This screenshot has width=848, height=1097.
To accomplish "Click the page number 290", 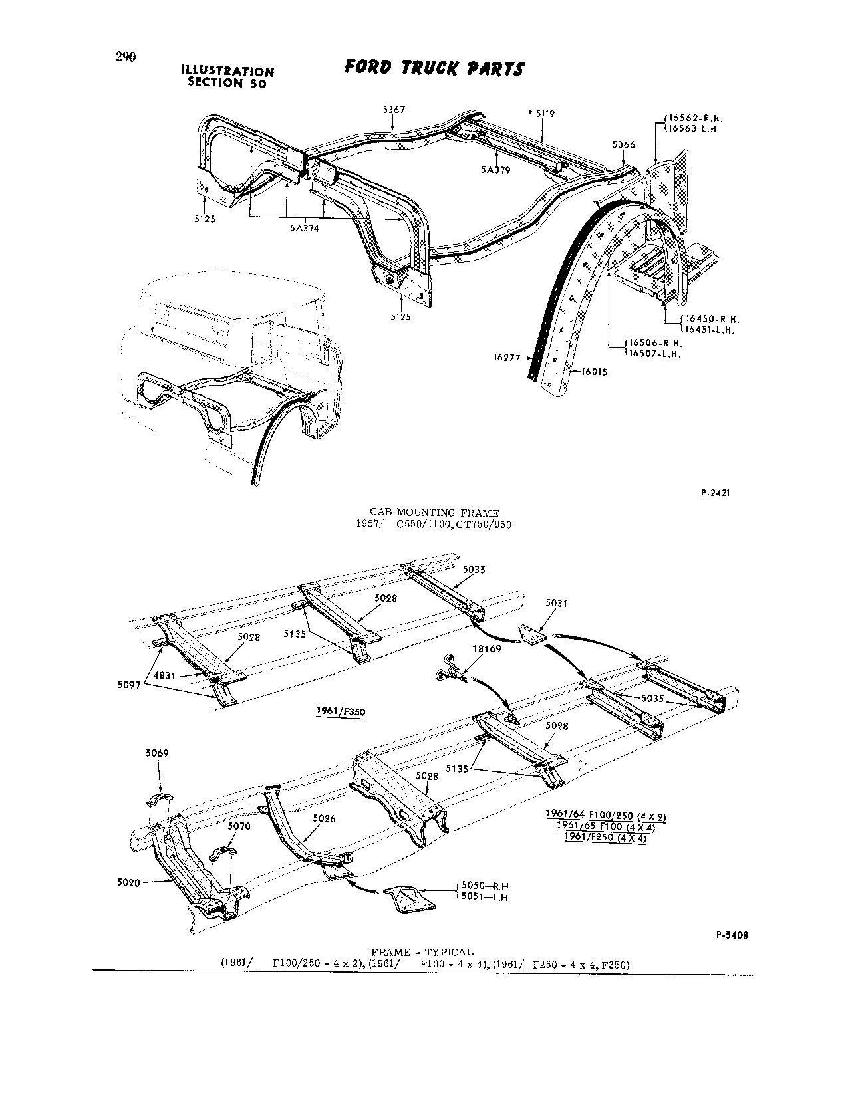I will click(125, 57).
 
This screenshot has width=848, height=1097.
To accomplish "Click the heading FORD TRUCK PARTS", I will click(434, 68).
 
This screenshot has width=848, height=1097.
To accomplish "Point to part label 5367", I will click(394, 110).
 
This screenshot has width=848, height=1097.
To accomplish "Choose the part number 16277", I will click(507, 358).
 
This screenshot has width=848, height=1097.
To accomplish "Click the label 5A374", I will click(304, 228).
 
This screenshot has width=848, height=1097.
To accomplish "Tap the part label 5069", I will click(157, 753).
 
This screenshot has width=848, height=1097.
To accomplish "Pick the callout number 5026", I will click(325, 818).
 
